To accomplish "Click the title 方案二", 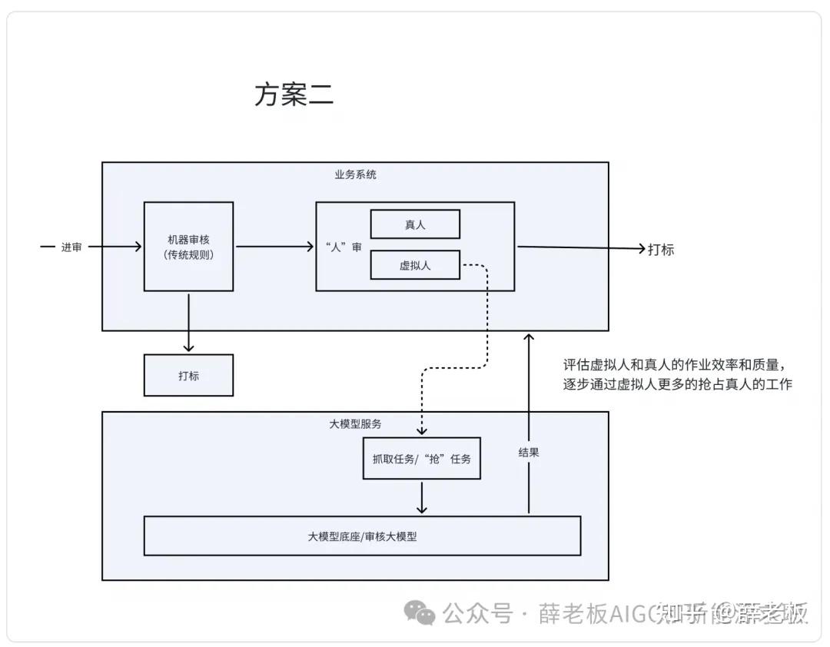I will (294, 95).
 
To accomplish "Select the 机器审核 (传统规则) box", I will (188, 246).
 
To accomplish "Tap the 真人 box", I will (415, 224).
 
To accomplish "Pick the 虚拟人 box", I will (415, 265).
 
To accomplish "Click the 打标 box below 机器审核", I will (188, 375).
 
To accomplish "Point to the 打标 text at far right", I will (661, 249).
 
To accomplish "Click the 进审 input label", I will (71, 247).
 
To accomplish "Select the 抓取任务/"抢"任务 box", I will (421, 459).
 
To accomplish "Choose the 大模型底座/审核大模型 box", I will (362, 536).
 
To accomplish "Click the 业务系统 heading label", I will (355, 174).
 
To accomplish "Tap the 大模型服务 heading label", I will (355, 423).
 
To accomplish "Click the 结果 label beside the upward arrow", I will (529, 453).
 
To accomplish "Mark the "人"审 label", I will (344, 247).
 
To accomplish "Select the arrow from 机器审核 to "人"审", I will (274, 247).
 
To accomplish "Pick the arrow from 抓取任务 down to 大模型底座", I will (421, 497).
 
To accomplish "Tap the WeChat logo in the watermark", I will (420, 612).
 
